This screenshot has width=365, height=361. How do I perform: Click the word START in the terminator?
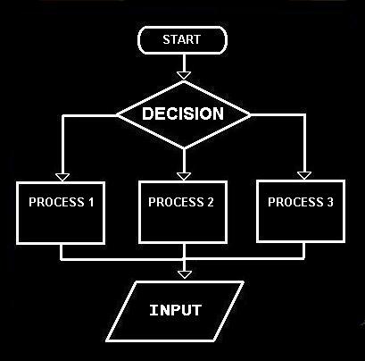(x=181, y=39)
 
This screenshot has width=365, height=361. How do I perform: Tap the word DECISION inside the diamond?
(x=183, y=113)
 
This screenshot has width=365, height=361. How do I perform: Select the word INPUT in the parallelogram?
(x=176, y=310)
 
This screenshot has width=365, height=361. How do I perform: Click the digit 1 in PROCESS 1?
(x=91, y=202)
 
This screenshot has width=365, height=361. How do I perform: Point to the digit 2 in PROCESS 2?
(x=210, y=202)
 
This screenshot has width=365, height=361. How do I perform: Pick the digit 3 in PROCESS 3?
(x=329, y=202)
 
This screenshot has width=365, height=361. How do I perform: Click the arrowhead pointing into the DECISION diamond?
(x=184, y=75)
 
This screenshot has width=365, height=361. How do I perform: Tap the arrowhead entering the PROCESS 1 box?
(x=62, y=177)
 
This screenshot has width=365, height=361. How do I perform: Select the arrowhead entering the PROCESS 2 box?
(x=184, y=176)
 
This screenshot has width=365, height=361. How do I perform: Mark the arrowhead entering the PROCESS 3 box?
(x=304, y=175)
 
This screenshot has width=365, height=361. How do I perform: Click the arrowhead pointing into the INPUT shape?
(x=185, y=274)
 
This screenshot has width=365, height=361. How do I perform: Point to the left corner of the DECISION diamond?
(x=116, y=114)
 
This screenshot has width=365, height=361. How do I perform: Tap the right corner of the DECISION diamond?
(x=251, y=114)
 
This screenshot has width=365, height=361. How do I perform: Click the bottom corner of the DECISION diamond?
(x=184, y=147)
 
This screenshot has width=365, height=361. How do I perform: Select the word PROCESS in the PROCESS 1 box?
(x=56, y=202)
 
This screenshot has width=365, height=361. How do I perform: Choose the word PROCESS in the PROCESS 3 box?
(x=295, y=202)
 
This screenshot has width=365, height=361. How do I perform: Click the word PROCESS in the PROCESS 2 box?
(x=176, y=202)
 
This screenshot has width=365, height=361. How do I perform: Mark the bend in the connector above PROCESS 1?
(x=62, y=115)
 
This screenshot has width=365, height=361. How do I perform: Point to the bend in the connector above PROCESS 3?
(x=304, y=114)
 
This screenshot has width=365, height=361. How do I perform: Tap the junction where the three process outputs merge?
(x=184, y=258)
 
